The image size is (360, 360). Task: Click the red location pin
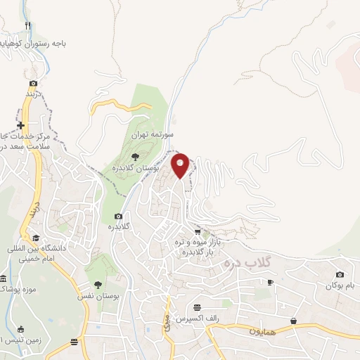click(x=181, y=165)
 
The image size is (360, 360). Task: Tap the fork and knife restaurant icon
click(x=28, y=26)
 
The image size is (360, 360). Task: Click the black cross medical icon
click(x=20, y=125)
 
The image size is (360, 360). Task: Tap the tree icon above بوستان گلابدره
click(x=135, y=157)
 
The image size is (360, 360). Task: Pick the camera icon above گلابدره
click(x=118, y=216)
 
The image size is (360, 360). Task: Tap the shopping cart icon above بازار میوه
click(x=198, y=231)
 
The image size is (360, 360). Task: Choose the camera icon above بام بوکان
click(x=340, y=274)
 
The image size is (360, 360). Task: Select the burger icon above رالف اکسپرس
click(x=198, y=307)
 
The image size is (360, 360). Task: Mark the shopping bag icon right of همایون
click(x=292, y=321)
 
